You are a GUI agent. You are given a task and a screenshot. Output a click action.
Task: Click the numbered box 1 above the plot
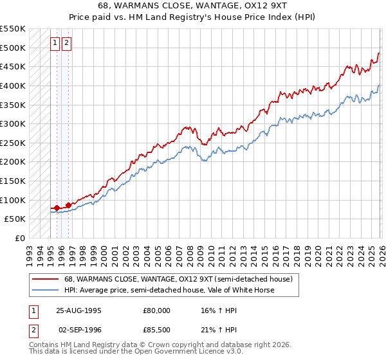55,43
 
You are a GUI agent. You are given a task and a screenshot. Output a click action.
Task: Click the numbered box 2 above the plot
67,43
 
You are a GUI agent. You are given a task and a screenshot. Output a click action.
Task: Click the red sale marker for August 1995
57,208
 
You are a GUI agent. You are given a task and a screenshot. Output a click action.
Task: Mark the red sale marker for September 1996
68,205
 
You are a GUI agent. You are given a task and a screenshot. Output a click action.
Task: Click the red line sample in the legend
44,279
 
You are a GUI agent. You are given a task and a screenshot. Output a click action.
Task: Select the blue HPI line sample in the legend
44,290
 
